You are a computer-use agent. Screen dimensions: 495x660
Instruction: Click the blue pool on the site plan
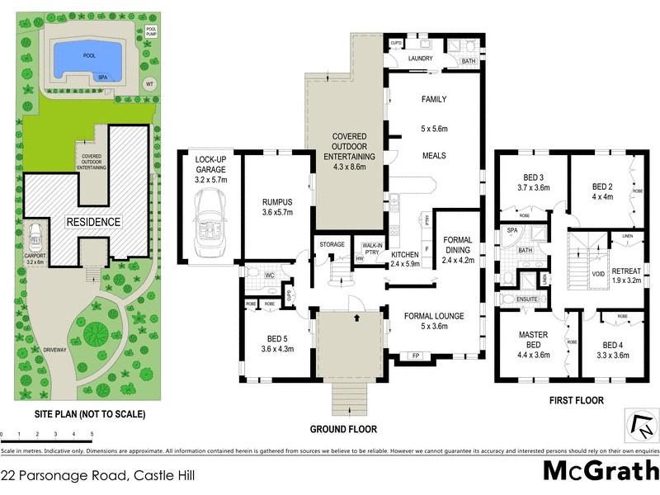click(x=87, y=58)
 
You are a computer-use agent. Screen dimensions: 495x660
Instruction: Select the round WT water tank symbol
click(x=149, y=83)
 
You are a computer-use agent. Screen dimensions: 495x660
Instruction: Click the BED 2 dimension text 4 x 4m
click(x=605, y=196)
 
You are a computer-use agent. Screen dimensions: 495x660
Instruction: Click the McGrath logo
click(x=600, y=472)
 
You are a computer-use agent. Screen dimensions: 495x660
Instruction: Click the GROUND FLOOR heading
click(x=343, y=429)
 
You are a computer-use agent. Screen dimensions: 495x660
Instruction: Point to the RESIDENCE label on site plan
click(x=94, y=222)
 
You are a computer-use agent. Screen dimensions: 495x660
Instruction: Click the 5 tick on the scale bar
click(x=92, y=434)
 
